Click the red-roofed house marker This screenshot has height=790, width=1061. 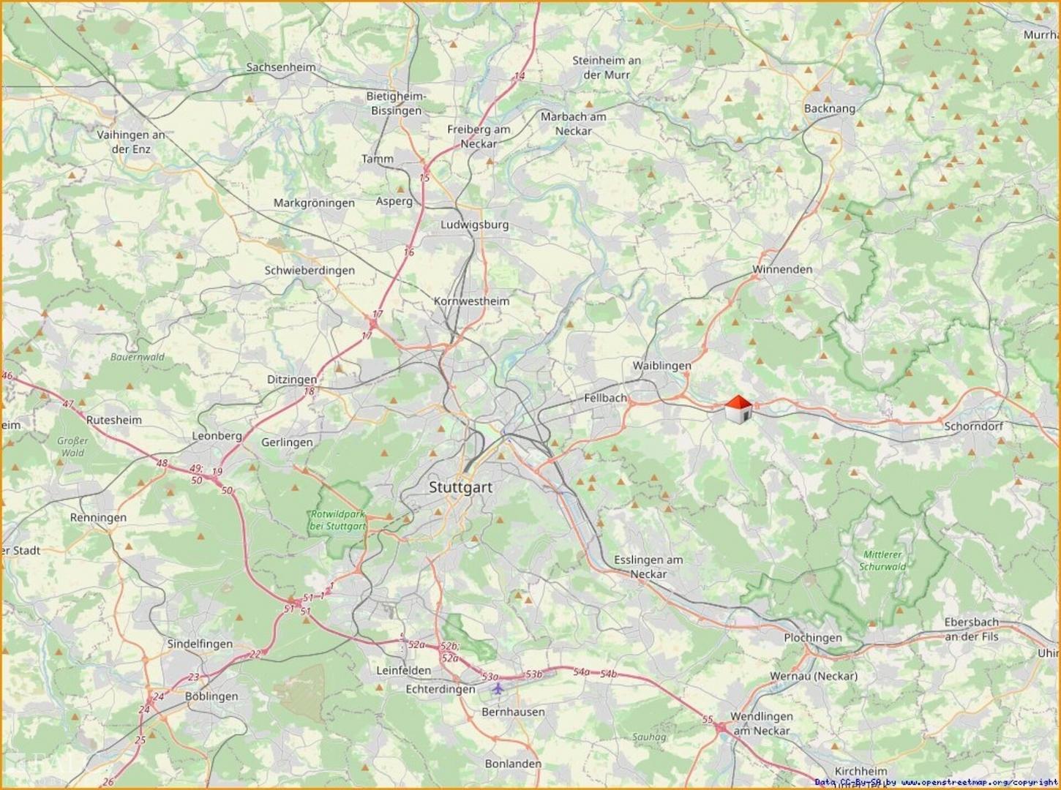(x=738, y=409)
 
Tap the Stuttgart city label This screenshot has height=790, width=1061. (x=460, y=487)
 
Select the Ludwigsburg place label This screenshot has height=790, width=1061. (x=474, y=225)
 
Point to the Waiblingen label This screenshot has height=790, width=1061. (x=661, y=365)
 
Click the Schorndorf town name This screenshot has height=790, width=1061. (x=973, y=426)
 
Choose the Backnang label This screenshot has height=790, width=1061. (x=829, y=108)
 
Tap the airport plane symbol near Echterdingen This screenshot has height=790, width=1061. (x=498, y=688)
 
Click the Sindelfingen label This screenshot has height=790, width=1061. (x=200, y=644)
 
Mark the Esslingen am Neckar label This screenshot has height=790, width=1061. (x=648, y=567)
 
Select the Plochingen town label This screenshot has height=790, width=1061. (x=813, y=637)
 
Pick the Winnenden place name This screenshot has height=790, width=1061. (x=782, y=269)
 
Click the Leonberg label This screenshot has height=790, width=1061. (x=217, y=435)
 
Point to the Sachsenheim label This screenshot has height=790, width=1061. (x=281, y=67)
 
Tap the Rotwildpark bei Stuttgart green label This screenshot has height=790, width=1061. (x=337, y=520)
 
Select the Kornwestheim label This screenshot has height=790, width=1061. (x=471, y=301)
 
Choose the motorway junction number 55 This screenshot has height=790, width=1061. (x=707, y=720)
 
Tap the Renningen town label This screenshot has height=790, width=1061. (x=98, y=517)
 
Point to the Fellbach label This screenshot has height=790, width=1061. (x=605, y=398)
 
